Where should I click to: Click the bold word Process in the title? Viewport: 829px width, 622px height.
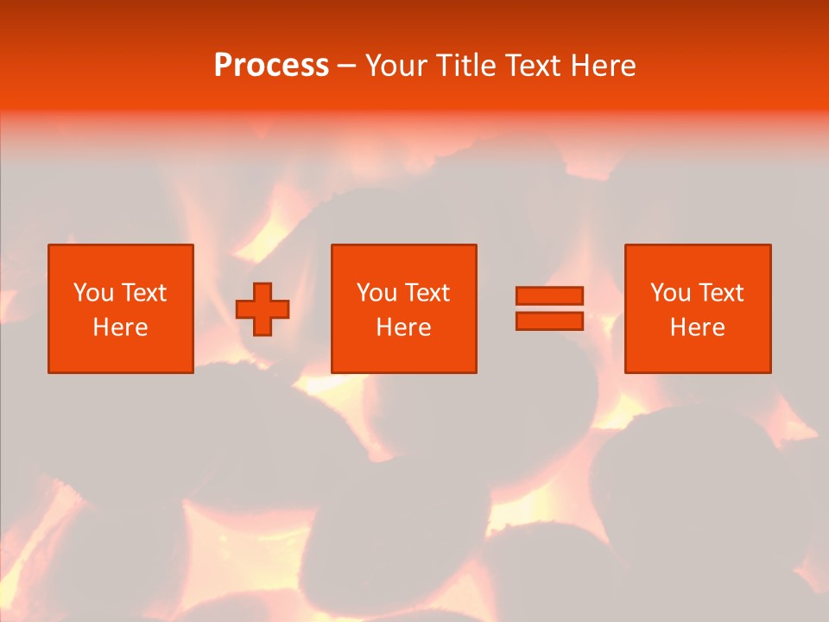pos(271,66)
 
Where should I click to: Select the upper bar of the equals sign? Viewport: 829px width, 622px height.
pos(549,295)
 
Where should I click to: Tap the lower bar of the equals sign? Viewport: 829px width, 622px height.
pos(549,321)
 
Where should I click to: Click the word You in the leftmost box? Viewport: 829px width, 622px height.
pos(93,293)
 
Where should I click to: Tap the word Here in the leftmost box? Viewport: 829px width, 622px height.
pos(120,327)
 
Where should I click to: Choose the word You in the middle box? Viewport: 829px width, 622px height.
pos(377,293)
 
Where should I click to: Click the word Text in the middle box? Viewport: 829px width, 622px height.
pos(427,293)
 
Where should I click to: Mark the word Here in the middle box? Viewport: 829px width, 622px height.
pos(403,327)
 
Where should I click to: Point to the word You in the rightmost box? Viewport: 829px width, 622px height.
pos(671,293)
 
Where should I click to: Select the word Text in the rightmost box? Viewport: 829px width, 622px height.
pos(720,293)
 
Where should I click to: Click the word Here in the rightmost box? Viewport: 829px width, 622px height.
pos(697,327)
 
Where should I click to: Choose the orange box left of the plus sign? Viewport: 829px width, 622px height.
pos(121,354)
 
